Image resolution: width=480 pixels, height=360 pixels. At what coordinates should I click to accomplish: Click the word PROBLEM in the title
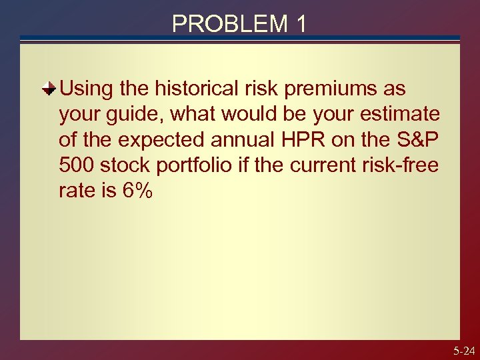coord(227,24)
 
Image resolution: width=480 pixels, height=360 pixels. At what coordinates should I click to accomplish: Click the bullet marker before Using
coord(49,89)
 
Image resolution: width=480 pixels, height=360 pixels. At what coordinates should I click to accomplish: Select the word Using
coord(86,89)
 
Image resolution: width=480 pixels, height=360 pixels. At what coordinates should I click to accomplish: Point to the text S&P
coord(421,140)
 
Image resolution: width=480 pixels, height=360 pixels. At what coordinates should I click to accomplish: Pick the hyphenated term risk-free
coord(403,165)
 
